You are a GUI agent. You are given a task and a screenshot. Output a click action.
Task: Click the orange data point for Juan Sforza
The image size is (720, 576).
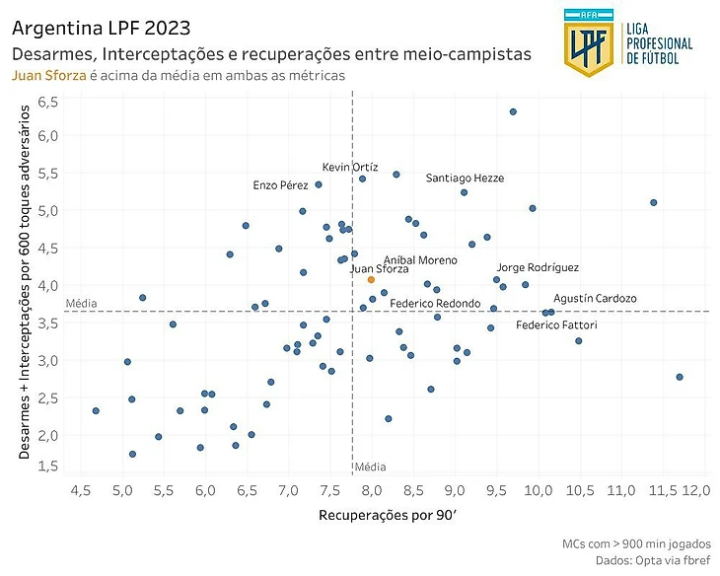point(371,279)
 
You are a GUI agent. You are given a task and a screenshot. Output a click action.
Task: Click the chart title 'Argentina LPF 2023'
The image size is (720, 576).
point(102,27)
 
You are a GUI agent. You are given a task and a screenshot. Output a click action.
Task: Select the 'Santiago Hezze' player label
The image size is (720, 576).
point(465,178)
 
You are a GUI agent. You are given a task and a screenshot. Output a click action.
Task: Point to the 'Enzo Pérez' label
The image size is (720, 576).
point(280,184)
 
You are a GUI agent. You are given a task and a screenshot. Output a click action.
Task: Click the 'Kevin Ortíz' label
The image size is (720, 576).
point(350,168)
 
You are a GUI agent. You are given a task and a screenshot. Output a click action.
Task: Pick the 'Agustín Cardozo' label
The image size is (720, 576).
point(595,298)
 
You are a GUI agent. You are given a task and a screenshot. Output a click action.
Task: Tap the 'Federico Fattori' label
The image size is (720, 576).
point(556,324)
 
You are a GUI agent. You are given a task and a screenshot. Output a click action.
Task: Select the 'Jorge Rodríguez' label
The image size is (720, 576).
point(537,267)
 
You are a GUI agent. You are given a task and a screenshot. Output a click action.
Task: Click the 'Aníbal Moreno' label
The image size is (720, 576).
point(420,259)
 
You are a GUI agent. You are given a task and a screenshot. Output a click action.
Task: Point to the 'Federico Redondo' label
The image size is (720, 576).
point(435,303)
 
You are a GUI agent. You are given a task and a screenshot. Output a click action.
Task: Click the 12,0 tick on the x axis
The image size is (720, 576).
point(694,490)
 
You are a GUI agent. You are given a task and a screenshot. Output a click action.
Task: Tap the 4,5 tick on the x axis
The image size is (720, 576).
point(81,490)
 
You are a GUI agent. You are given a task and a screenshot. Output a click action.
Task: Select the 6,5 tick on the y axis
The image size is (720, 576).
point(48,102)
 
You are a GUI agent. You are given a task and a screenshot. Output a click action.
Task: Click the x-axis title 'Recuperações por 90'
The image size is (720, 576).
point(385,515)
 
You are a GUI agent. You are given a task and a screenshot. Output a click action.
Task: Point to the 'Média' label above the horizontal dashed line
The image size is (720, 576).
point(81,303)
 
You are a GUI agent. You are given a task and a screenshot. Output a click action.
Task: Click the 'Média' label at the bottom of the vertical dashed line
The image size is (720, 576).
point(371,467)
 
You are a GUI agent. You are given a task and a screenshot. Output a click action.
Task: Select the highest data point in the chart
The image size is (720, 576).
point(513,111)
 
